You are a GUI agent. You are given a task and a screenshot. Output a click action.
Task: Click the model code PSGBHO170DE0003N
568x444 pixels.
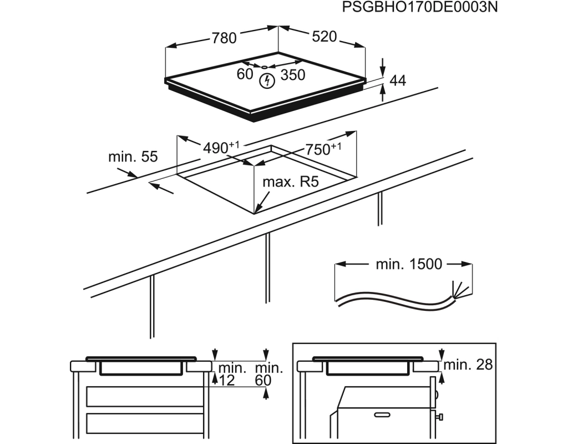point(420,7)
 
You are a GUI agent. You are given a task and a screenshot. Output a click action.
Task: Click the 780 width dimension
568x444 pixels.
point(224,38)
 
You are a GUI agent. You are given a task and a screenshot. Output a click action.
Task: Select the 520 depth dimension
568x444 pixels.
point(324,37)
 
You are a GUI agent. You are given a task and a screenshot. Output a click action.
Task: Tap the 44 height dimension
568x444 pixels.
point(398,80)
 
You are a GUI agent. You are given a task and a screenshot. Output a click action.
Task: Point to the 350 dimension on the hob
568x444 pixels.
point(293,75)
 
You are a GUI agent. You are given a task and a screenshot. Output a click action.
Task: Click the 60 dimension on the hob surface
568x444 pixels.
point(245,74)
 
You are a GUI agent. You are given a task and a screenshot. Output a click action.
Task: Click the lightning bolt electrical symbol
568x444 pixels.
point(267,81)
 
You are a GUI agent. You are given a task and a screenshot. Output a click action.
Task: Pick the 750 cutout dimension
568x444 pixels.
point(323,149)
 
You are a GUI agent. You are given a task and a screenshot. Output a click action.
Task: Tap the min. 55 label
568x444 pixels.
point(133,157)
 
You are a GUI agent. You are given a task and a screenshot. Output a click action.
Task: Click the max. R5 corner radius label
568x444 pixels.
point(291,181)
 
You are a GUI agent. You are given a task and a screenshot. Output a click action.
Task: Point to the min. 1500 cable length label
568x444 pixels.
point(409,264)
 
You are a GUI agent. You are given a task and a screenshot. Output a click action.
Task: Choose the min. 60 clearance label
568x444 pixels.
point(268,374)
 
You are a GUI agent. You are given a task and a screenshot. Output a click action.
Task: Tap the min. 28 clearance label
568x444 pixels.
point(468,365)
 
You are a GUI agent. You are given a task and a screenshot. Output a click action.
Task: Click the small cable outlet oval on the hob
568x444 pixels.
point(265,67)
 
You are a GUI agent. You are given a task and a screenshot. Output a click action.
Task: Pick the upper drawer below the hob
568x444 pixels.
point(145,396)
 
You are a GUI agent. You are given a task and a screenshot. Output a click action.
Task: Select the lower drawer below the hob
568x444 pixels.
point(145,423)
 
